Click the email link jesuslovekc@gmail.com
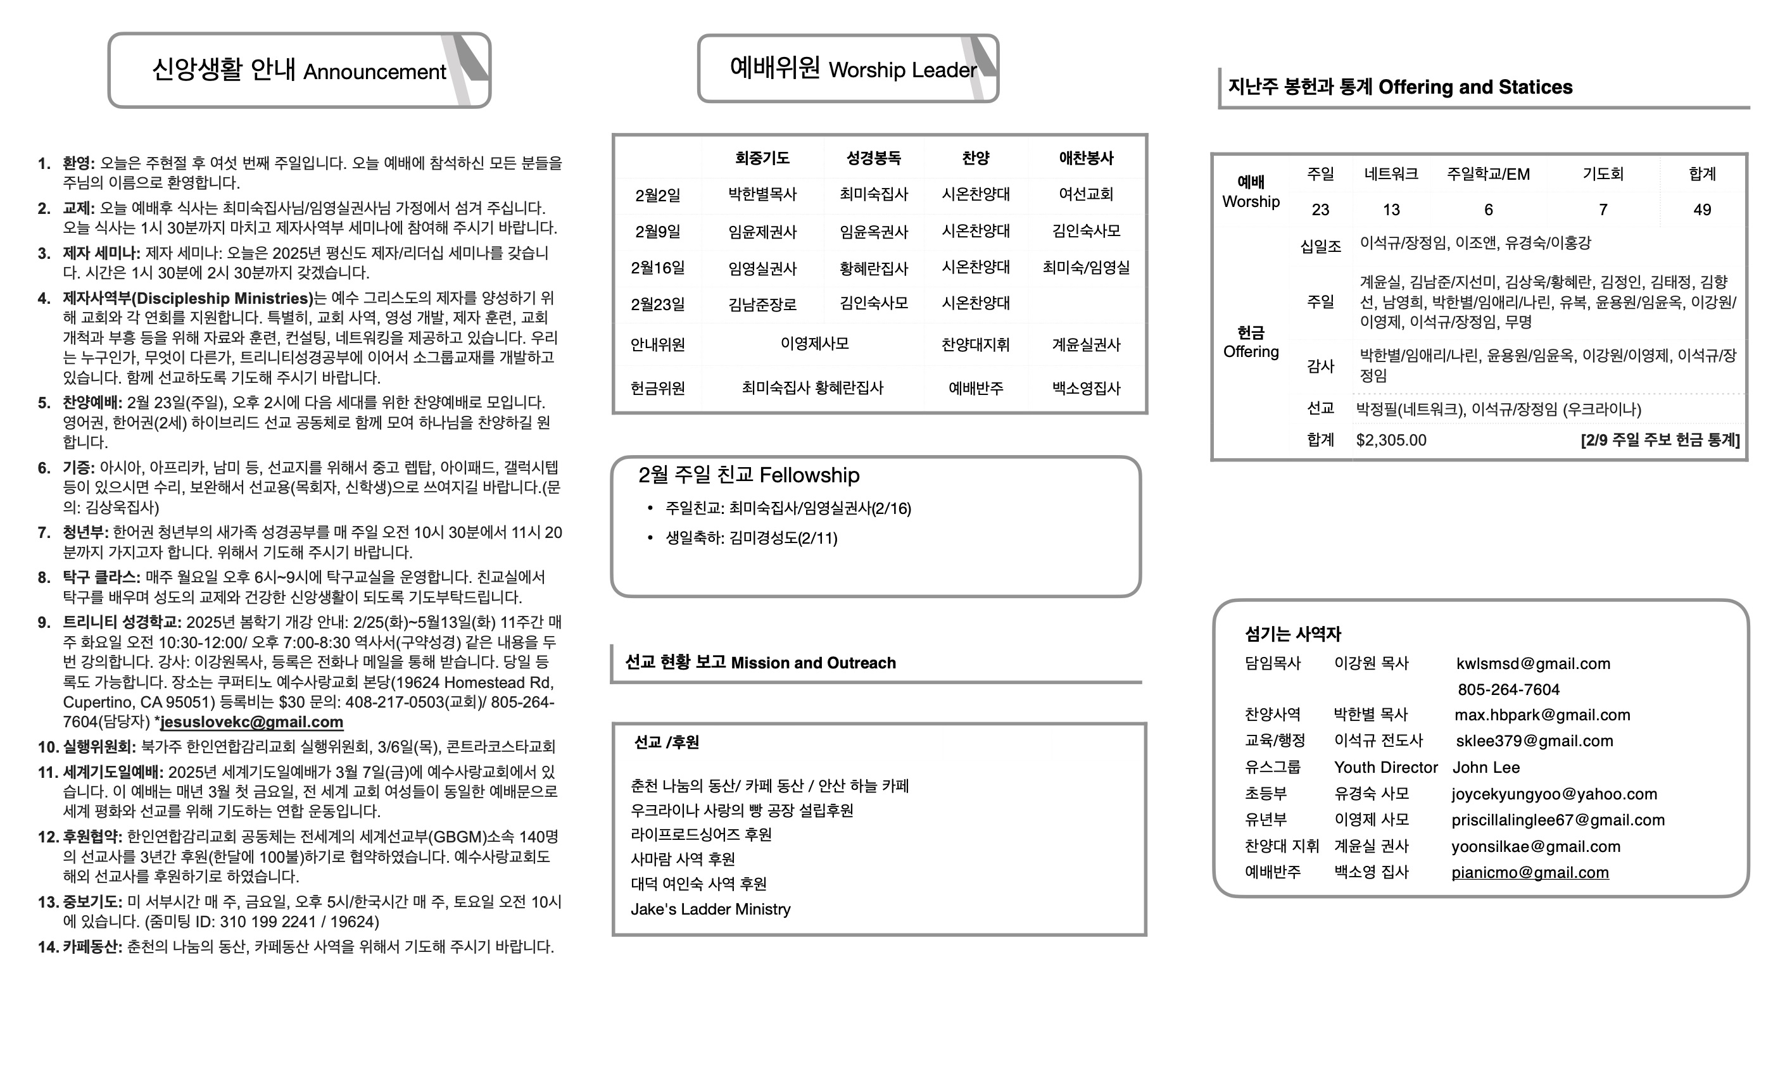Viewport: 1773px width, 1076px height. pos(252,722)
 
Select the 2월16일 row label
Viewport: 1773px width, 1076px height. pos(658,268)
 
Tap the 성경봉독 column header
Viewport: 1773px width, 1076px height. pos(874,158)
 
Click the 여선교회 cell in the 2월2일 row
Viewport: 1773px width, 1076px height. pos(1086,194)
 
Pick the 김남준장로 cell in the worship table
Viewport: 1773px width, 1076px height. pos(763,304)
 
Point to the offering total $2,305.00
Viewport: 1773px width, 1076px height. pos(1391,440)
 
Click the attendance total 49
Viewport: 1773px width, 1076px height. pos(1702,210)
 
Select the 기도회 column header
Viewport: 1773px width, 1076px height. pos(1603,174)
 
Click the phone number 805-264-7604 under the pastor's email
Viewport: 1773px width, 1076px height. pos(1509,690)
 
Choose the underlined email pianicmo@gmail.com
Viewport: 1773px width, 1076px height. pos(1530,872)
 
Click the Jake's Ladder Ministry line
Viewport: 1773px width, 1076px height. pos(710,909)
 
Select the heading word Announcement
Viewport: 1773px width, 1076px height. pos(375,72)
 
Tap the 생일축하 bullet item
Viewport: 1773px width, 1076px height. pos(751,538)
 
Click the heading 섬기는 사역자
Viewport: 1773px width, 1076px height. pos(1293,634)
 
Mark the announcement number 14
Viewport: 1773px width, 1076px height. pos(47,946)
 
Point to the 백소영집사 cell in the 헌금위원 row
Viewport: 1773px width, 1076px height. pos(1086,389)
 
